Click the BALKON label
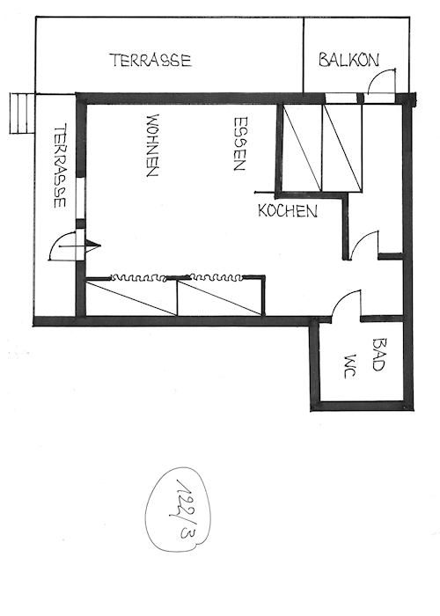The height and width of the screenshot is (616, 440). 348,60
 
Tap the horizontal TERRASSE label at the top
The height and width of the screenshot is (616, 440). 150,61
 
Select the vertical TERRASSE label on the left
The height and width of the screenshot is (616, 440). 59,166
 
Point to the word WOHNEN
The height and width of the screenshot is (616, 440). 151,145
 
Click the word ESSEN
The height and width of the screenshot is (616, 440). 239,143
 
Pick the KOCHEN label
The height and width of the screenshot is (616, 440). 287,211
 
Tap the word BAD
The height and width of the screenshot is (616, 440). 379,354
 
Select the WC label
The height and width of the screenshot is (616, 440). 348,364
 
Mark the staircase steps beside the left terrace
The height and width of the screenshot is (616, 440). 19,113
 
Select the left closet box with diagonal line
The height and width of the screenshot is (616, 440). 132,297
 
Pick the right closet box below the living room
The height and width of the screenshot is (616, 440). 220,297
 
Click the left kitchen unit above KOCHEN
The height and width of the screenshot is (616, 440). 301,147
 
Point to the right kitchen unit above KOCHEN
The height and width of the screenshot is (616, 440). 342,147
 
